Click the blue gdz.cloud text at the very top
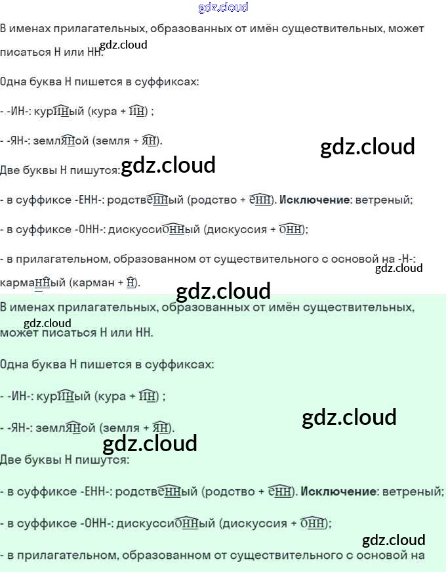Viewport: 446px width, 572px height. coord(223,8)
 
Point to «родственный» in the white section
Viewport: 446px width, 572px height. coord(145,200)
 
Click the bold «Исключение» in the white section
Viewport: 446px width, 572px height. coord(316,200)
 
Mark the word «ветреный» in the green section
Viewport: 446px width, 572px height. coord(413,491)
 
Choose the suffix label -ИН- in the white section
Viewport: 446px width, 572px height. coord(20,112)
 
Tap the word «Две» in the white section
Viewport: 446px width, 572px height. coord(10,171)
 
